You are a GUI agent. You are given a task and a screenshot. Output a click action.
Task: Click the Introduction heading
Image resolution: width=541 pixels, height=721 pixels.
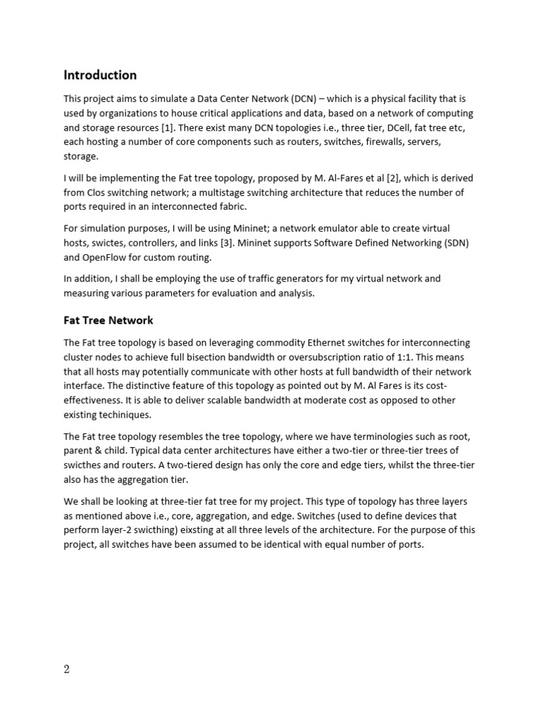coord(100,75)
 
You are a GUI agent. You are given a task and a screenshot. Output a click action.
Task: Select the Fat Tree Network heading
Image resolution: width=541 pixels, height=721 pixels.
coord(108,320)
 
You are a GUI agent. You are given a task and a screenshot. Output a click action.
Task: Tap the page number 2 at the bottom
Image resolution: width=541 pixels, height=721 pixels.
coord(67,670)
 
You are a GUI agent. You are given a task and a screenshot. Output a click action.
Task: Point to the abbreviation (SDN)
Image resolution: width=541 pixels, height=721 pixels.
coord(454,243)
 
